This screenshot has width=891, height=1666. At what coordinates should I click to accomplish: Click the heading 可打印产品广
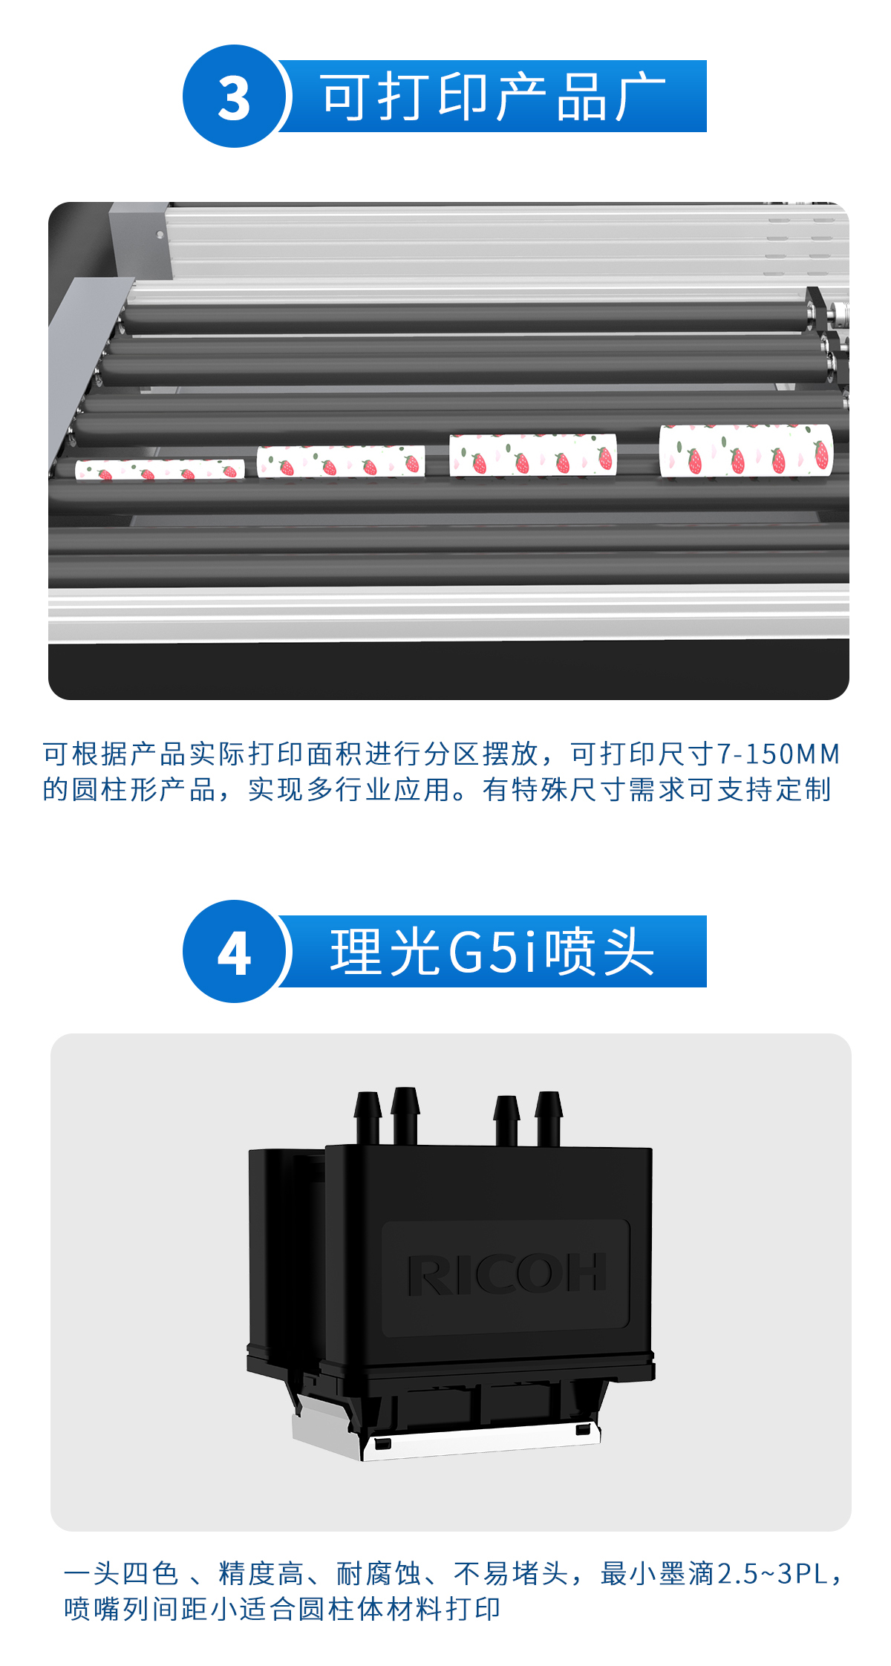(493, 97)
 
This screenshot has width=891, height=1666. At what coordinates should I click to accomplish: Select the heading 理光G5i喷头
(492, 952)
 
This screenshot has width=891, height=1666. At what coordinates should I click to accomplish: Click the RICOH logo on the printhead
(506, 1274)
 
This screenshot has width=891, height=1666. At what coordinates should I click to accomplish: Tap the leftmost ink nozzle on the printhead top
(368, 1114)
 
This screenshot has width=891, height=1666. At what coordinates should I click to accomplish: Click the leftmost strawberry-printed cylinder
(160, 469)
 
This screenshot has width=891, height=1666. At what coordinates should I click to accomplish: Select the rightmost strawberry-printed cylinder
(746, 450)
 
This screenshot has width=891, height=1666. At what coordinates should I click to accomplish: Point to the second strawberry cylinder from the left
(341, 461)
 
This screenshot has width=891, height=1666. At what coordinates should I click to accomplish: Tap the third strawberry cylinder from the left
(532, 454)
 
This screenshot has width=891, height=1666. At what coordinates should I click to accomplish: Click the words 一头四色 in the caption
(121, 1573)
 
